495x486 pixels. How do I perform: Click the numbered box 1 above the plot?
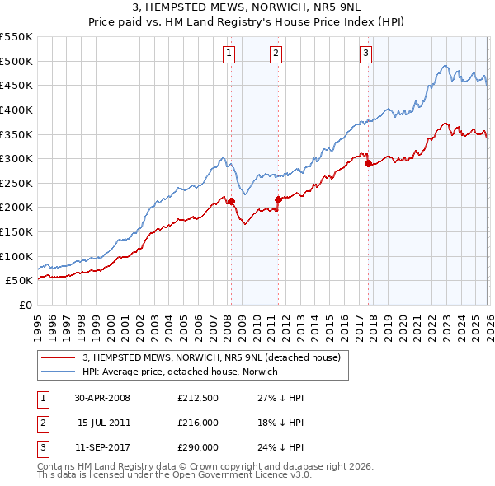coord(229,54)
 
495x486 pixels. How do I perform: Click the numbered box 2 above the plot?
coord(276,54)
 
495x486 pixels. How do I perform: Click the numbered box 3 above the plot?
coord(365,54)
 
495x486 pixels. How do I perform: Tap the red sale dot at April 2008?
coord(231,201)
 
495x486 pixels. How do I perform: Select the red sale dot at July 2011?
coord(278,199)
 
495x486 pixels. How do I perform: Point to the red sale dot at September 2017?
coord(368,163)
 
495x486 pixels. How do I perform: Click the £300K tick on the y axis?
coord(16,158)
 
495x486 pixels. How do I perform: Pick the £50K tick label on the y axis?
coord(19,281)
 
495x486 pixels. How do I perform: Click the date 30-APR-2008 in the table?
coord(101,398)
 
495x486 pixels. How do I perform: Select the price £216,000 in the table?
coord(197,423)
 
